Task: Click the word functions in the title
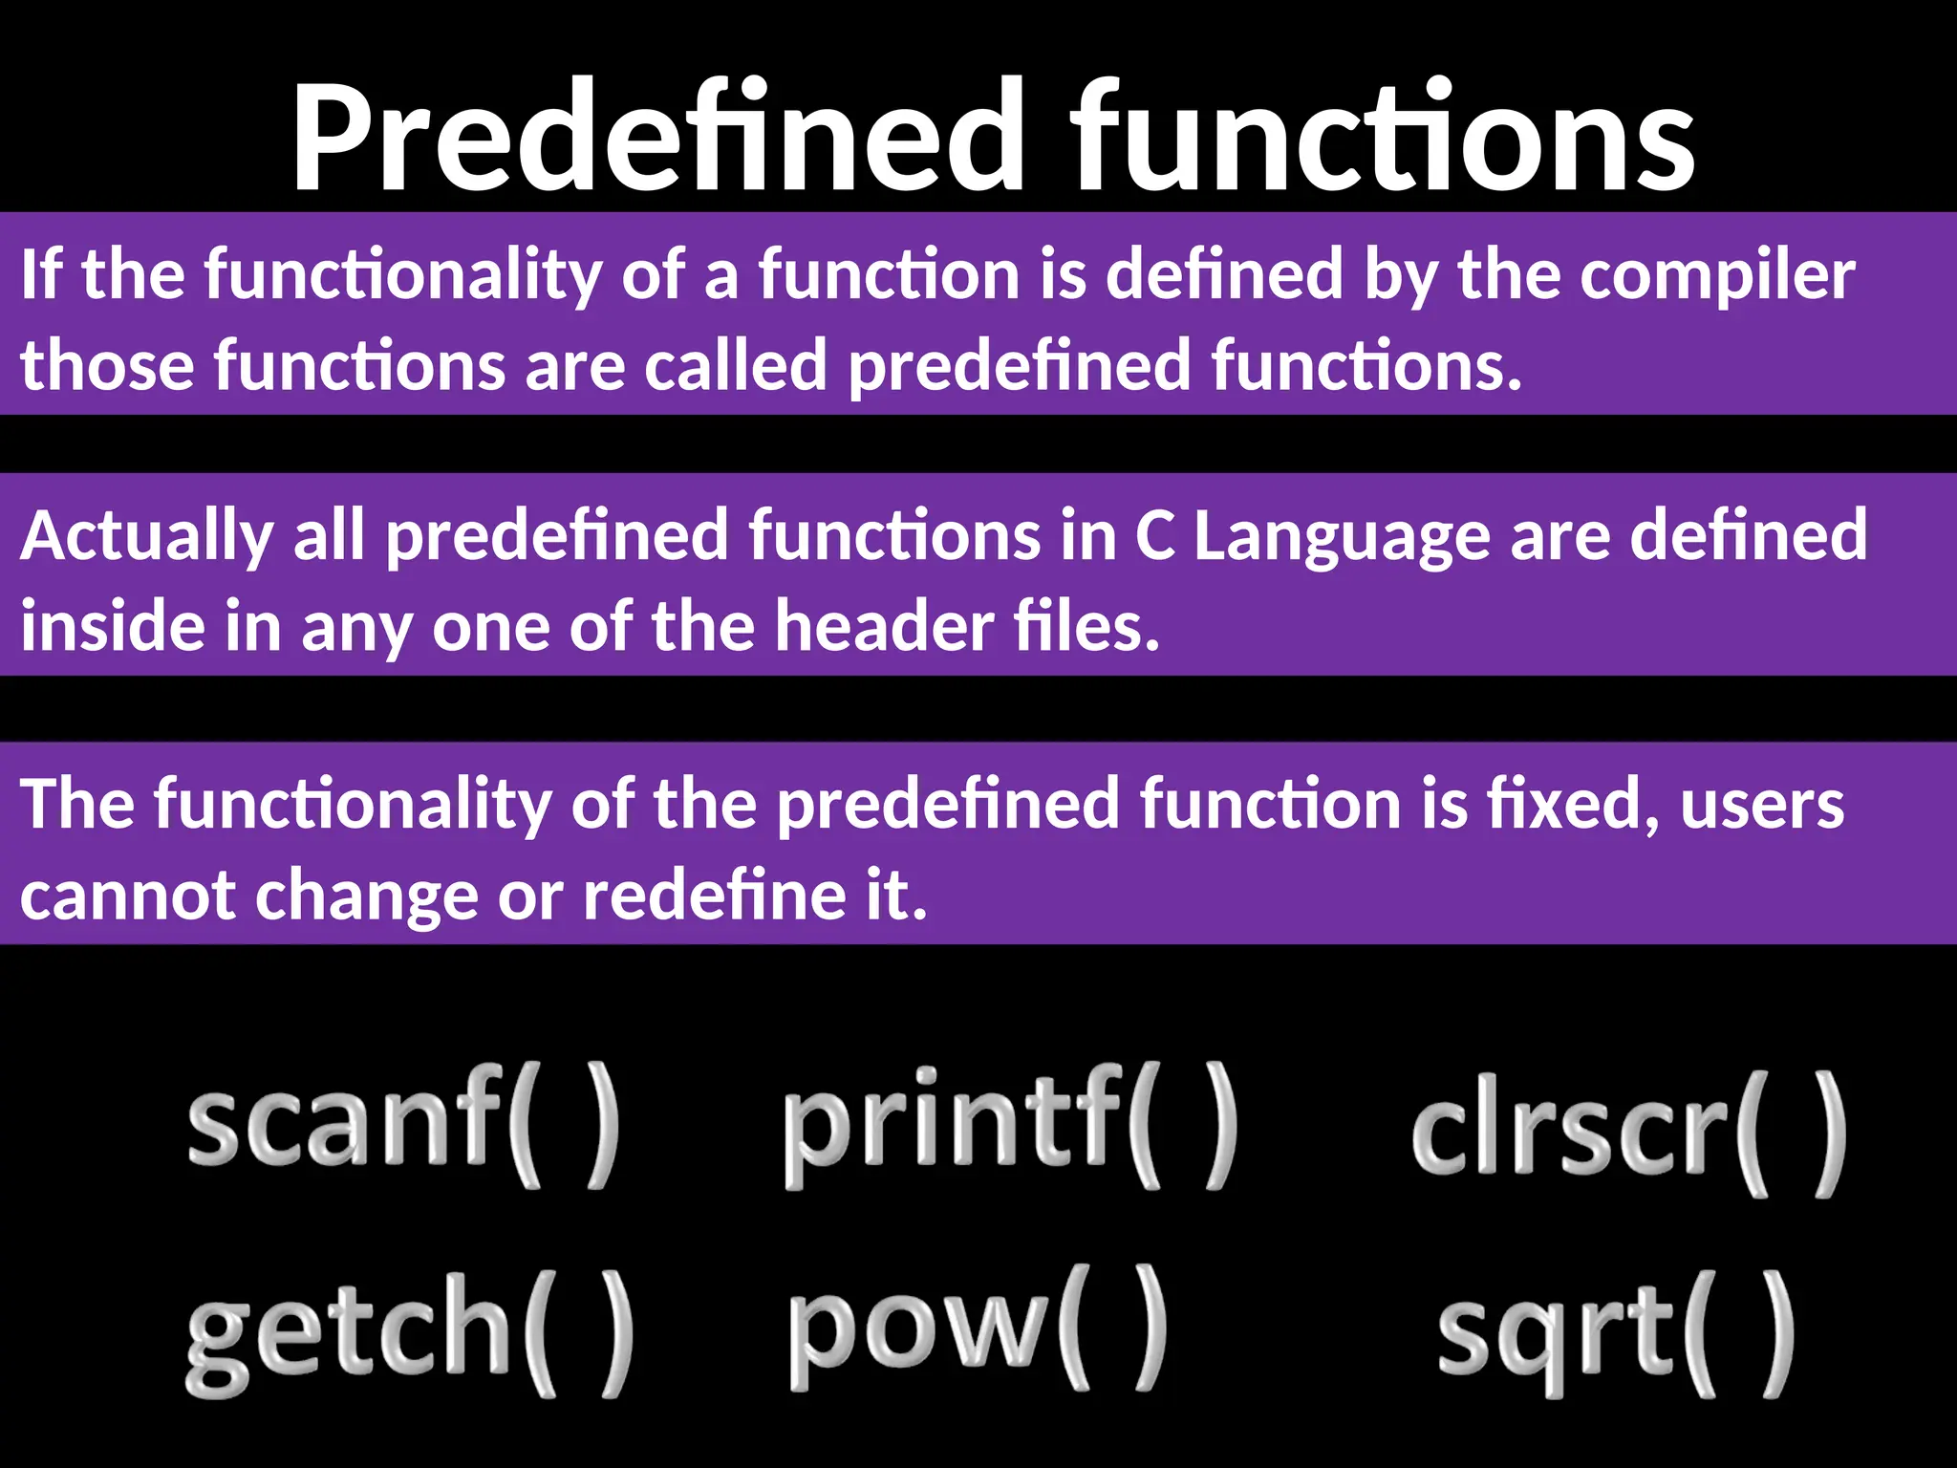[x=1381, y=139]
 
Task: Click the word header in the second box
[x=885, y=627]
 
